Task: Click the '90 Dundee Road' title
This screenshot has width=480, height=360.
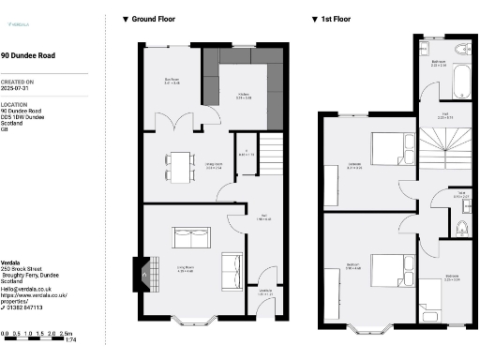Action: click(x=27, y=56)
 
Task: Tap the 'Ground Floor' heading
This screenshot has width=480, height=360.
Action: click(x=155, y=18)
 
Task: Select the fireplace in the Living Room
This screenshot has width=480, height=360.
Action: click(x=141, y=272)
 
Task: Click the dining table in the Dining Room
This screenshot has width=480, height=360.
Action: click(x=178, y=166)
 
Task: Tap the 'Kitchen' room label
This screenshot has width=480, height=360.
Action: click(x=243, y=94)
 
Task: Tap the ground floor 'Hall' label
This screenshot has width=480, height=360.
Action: click(x=264, y=219)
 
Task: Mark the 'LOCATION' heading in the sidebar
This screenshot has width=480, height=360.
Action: click(x=14, y=105)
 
